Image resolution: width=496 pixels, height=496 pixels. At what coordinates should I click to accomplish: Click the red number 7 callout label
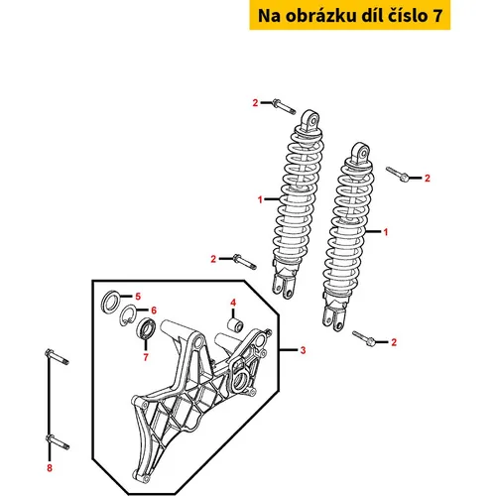pos(146,357)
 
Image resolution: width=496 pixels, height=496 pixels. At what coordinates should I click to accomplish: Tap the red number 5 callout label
pos(138,297)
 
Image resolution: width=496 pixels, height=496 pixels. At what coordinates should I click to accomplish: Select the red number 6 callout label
pos(154,310)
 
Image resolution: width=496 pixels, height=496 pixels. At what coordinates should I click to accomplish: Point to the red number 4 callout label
pos(233,303)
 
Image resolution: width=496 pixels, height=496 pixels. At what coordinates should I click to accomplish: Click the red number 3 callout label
pos(303,350)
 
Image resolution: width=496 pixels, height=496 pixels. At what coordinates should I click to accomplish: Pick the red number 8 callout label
pos(50,468)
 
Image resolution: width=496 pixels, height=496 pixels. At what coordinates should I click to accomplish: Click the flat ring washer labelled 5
pos(110,302)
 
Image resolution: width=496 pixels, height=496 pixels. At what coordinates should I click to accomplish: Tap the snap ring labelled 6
pos(127,314)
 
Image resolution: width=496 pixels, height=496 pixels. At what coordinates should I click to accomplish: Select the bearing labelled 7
pos(146,328)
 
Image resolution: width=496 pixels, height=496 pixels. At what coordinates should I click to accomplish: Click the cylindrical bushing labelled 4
pos(235,324)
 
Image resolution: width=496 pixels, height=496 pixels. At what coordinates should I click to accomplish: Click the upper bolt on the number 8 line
pos(57,357)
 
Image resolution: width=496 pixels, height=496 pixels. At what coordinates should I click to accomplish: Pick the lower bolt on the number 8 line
pos(58,442)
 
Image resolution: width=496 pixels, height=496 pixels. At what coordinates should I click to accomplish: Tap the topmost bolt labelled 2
pos(284,106)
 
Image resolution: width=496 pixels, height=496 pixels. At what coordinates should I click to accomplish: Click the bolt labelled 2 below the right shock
pos(364,338)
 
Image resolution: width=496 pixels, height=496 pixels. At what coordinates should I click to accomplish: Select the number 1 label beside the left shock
pos(260,199)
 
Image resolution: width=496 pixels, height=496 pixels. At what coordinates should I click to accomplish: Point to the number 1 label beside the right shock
pos(385,232)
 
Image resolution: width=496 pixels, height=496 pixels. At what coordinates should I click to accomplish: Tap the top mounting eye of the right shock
pos(360,153)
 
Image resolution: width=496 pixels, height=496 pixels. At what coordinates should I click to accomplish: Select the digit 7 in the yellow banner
pos(437,16)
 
